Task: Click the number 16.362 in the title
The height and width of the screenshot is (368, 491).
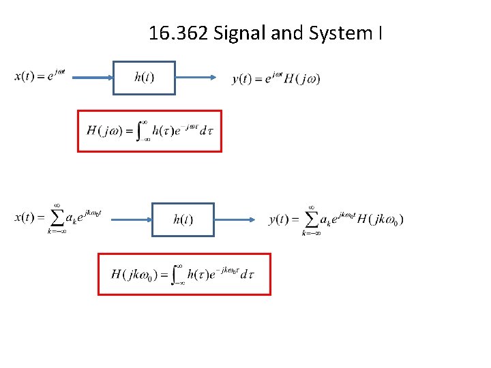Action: [179, 33]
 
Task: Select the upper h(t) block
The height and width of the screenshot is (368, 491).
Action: [144, 78]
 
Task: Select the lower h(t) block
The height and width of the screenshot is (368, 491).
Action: [182, 219]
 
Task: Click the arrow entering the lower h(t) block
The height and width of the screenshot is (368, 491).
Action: [130, 219]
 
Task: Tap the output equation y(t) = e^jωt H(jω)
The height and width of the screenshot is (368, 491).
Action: [276, 79]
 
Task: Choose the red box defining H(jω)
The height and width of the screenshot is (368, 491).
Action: [149, 131]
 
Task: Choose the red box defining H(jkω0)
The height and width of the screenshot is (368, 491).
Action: [184, 274]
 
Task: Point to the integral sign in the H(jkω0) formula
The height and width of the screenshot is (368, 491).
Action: [178, 274]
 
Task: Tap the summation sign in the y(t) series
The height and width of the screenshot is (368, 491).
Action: [312, 219]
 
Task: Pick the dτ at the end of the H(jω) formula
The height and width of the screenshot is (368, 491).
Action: [207, 131]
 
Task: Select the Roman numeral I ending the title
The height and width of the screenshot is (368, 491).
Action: [379, 33]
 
